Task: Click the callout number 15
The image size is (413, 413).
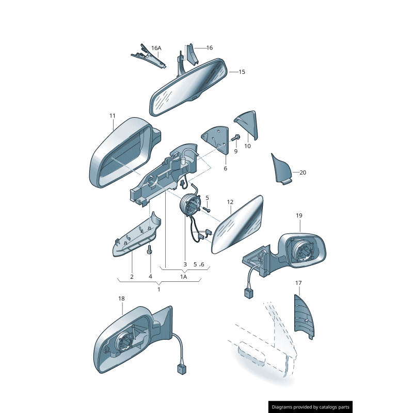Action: tap(241, 72)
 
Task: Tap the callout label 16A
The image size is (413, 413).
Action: tap(156, 48)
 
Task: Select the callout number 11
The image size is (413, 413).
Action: tap(113, 116)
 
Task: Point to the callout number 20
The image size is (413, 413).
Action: tap(303, 172)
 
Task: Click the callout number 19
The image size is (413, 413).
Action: tap(299, 215)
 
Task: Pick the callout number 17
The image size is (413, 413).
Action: tap(298, 283)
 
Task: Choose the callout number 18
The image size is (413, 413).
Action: tap(121, 298)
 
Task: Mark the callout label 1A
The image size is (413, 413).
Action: tap(183, 277)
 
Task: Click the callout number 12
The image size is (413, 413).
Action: tap(230, 202)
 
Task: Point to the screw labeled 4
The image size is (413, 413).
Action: tap(150, 251)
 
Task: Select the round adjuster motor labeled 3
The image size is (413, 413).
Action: tap(189, 203)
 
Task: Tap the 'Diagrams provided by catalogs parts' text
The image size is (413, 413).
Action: tap(311, 407)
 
